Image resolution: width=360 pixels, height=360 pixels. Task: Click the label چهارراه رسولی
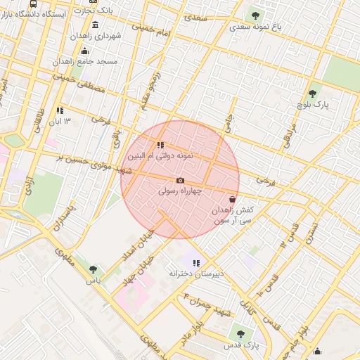181,191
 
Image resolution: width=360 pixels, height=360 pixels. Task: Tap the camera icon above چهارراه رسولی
180,180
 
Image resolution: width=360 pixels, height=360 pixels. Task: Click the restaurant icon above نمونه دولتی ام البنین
161,145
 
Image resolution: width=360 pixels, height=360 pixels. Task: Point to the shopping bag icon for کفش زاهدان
232,199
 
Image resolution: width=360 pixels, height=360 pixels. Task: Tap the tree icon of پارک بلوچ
312,94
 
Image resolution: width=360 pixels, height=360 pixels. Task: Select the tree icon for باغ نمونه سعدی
255,15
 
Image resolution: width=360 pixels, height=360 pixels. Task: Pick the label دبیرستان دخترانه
196,273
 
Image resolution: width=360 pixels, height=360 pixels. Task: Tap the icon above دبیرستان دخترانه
196,263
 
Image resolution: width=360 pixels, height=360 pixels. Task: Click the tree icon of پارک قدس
240,334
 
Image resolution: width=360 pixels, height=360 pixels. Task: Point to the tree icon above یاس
92,269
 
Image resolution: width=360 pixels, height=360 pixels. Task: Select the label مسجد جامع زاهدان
85,61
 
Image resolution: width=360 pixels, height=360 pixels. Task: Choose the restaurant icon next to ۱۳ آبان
60,110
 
